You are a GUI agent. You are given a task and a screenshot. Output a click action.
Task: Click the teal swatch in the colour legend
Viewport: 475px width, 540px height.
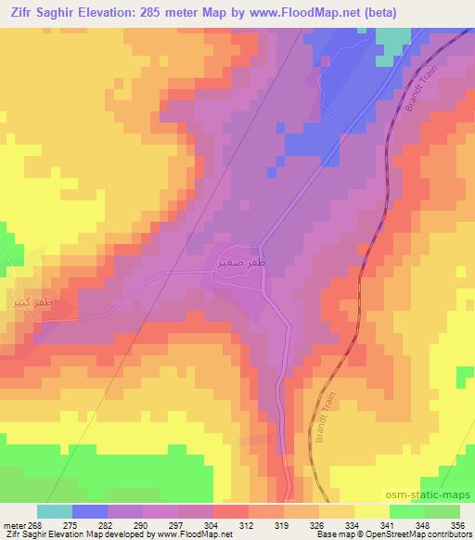pyautogui.click(x=55, y=511)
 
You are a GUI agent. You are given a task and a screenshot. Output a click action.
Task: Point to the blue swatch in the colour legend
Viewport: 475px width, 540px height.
pyautogui.click(x=90, y=511)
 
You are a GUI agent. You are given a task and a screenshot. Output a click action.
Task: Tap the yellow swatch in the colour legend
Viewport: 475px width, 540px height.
pyautogui.click(x=372, y=511)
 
